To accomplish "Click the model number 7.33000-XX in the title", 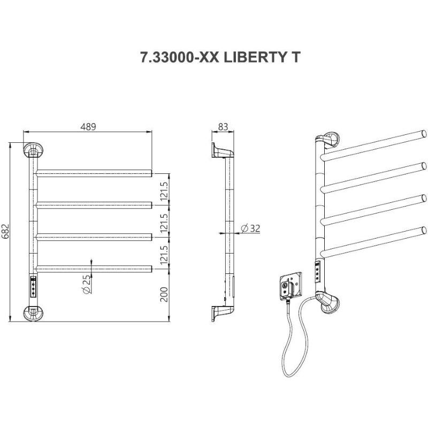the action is [180, 57].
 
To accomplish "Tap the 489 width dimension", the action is [88, 127].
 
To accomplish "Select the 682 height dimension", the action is [5, 232].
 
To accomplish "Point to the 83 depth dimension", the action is [223, 127].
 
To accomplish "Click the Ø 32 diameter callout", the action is [250, 228].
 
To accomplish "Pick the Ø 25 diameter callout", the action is [86, 284].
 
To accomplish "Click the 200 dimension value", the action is [164, 294].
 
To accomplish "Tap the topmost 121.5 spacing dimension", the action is [164, 191].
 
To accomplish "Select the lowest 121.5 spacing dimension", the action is [164, 255].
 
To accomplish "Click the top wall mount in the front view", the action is [33, 150].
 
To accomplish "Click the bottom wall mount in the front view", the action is [33, 313].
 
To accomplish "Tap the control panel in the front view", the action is [33, 287].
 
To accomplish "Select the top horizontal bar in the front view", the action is [94, 173].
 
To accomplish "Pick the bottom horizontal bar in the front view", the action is [94, 269].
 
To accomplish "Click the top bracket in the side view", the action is [223, 150].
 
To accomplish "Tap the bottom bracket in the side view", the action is [223, 314].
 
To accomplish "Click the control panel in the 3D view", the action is [318, 271].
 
